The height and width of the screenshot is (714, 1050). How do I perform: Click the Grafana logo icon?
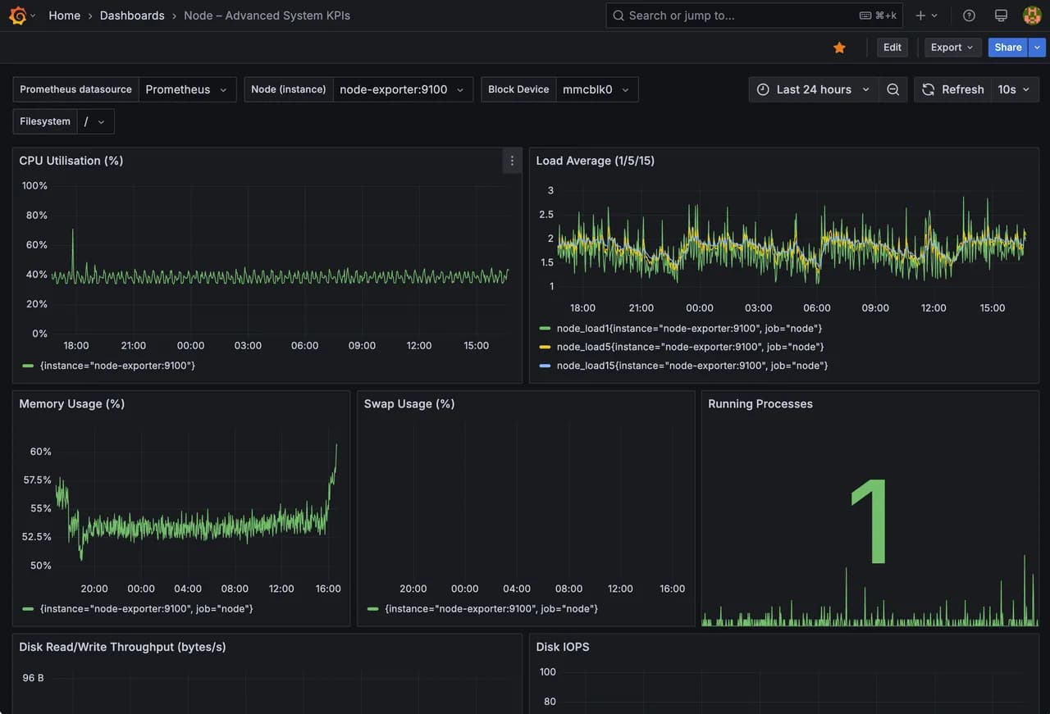tap(18, 16)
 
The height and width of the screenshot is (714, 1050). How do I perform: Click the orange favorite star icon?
tap(839, 48)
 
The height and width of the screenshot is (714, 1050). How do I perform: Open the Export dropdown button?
tap(952, 48)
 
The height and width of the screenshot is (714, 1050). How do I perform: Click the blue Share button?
tap(1008, 48)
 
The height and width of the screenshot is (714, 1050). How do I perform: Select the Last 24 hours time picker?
tap(813, 89)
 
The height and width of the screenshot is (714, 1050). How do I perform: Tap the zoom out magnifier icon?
tap(893, 89)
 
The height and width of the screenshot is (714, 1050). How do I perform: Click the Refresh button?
tap(953, 89)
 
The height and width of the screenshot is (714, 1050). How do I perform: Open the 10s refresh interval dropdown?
tap(1014, 89)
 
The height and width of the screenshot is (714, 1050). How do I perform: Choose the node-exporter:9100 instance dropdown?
tap(402, 89)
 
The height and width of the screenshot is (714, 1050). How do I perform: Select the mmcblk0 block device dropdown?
tap(596, 89)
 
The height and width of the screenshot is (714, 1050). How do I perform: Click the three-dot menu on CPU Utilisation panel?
tap(512, 161)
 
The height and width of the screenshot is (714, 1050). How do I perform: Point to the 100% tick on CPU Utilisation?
tap(34, 185)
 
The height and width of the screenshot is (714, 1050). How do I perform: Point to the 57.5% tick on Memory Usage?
tap(37, 480)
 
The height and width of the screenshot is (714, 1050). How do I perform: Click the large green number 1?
tap(870, 521)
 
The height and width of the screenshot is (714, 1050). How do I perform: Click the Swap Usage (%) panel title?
tap(409, 404)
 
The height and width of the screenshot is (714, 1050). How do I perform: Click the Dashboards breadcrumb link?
tap(132, 16)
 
